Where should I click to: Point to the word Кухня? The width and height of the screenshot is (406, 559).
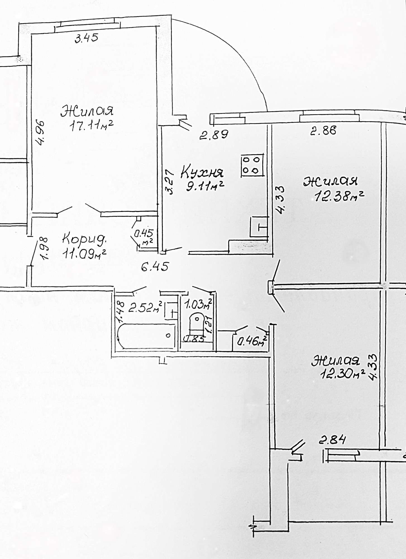(202, 172)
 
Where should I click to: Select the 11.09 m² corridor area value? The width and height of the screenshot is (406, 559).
(85, 254)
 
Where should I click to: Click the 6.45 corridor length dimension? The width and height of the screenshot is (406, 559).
(155, 267)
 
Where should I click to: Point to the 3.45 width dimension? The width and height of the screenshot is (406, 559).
(87, 38)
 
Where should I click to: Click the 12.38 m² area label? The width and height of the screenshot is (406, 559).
(340, 197)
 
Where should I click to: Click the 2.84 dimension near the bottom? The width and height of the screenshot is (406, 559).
(332, 441)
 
